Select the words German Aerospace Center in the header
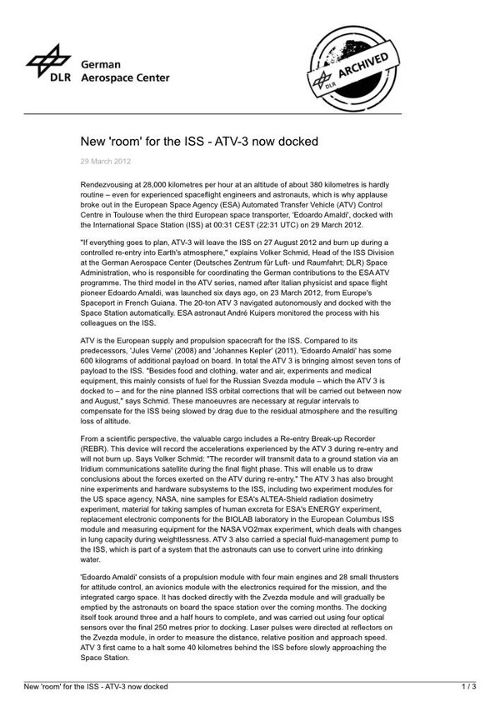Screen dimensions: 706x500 (x=124, y=71)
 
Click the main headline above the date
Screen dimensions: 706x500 (x=198, y=141)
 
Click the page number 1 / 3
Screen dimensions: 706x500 (x=468, y=686)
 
